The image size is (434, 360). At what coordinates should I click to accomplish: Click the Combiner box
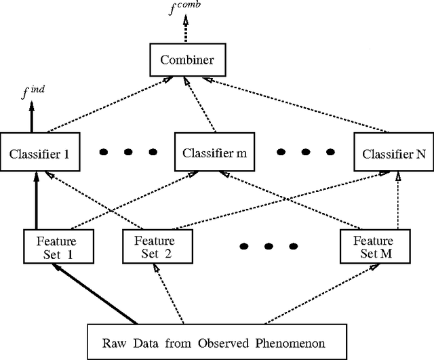[x=187, y=60]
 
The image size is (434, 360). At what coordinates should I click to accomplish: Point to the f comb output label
[x=187, y=11]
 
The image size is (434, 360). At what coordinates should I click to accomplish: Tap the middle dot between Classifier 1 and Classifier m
[x=128, y=151]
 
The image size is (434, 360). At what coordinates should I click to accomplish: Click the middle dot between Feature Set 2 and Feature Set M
[x=270, y=245]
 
